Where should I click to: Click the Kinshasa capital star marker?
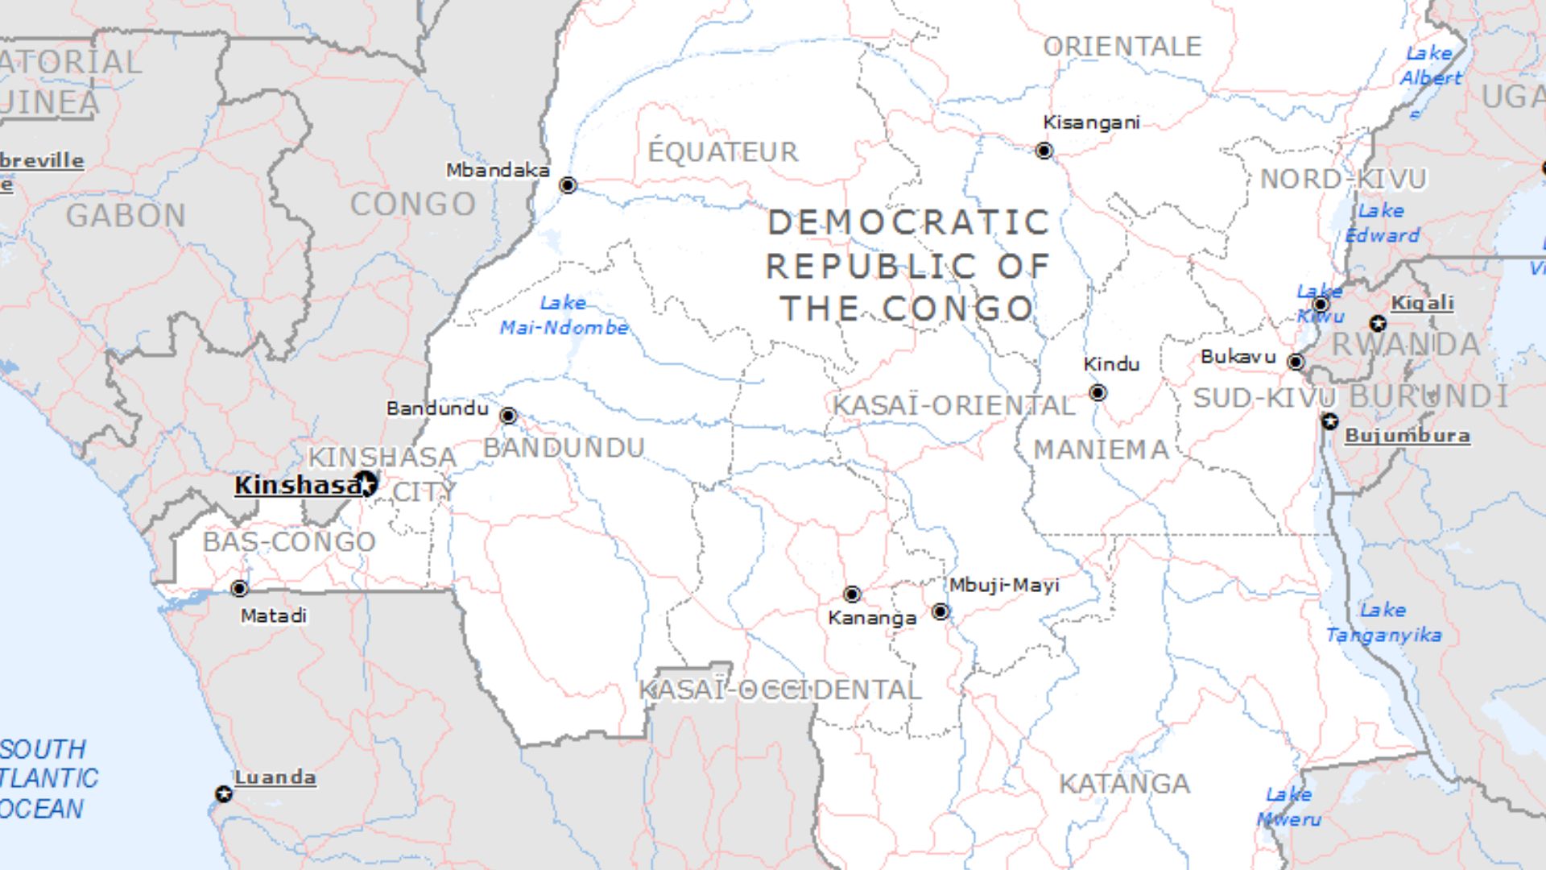point(367,484)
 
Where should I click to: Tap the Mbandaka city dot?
point(568,185)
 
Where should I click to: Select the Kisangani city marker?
point(1044,151)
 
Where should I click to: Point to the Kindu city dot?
point(1097,392)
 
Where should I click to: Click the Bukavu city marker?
point(1296,362)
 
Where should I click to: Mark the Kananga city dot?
point(852,594)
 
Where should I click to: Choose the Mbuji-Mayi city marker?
point(940,611)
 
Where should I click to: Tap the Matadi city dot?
point(239,588)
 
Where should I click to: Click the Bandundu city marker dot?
point(508,416)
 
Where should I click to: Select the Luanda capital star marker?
point(224,794)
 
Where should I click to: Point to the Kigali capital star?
point(1378,324)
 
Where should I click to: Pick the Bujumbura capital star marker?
point(1329,421)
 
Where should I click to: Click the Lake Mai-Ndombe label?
point(564,315)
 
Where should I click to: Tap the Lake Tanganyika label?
point(1383,623)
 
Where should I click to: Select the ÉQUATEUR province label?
point(723,151)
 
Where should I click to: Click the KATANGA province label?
point(1124,784)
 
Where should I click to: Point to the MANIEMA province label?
point(1101,449)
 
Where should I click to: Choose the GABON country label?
point(126,216)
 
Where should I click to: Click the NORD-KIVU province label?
point(1342,179)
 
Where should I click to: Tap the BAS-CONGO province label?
point(289,541)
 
